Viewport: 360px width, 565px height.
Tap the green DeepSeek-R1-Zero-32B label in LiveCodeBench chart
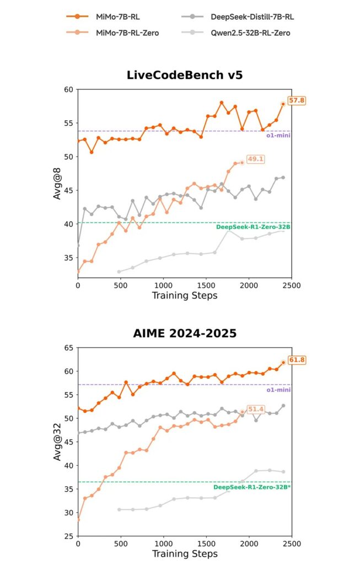click(253, 227)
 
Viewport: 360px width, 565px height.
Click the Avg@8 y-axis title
click(57, 182)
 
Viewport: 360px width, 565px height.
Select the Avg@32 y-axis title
click(57, 441)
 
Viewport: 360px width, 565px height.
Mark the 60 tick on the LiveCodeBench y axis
click(69, 89)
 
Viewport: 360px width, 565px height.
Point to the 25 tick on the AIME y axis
click(69, 536)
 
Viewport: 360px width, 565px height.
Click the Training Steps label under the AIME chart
click(184, 553)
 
